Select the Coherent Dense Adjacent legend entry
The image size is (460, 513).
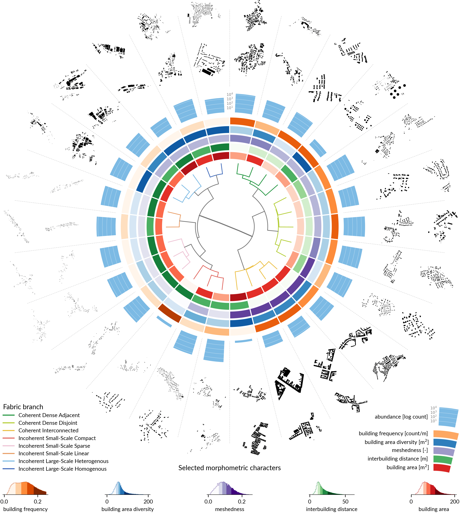(x=49, y=415)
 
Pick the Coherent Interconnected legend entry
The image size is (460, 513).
(x=48, y=431)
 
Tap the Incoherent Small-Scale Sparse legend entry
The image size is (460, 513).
(x=54, y=446)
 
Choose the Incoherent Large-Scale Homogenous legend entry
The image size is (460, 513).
(x=62, y=469)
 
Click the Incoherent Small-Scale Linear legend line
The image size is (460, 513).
(x=9, y=453)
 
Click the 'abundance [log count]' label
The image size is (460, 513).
(x=401, y=417)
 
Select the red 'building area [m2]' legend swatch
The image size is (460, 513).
(x=442, y=468)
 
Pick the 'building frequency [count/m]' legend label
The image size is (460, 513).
(x=393, y=433)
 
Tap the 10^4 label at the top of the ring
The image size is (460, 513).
(x=230, y=94)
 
